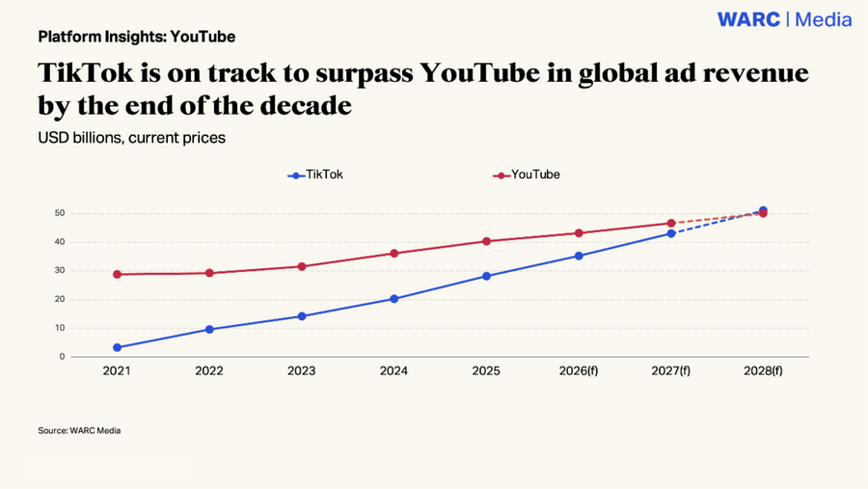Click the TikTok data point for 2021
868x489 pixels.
(x=117, y=348)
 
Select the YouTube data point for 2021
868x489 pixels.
(x=117, y=274)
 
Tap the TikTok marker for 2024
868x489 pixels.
(x=394, y=299)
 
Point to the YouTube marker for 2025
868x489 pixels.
(x=487, y=241)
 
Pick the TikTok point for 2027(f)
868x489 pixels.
(x=671, y=233)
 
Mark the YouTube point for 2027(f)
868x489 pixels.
(x=671, y=223)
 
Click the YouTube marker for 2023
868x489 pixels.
(x=302, y=266)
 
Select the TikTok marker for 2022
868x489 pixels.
(x=209, y=330)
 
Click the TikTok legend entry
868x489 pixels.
(x=315, y=175)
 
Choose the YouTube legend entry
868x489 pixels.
(x=527, y=175)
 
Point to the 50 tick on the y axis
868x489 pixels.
(x=60, y=213)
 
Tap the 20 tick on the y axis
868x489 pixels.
(x=60, y=299)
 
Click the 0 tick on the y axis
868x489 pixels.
(x=62, y=357)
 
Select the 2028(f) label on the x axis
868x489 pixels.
(x=763, y=371)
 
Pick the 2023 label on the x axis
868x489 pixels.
(x=301, y=371)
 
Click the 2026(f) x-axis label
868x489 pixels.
(x=579, y=371)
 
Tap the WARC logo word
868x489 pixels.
(x=749, y=19)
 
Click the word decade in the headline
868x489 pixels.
(x=306, y=105)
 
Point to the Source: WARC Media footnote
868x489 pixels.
(x=79, y=430)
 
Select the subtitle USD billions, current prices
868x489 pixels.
(x=132, y=137)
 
